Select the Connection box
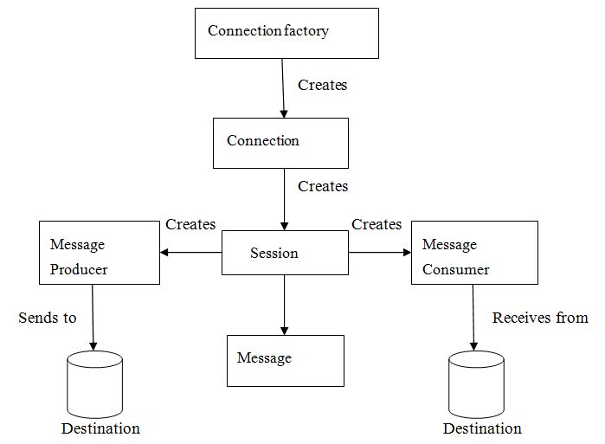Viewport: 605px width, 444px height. point(280,143)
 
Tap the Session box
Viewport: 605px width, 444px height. point(285,253)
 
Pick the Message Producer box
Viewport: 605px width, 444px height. point(100,253)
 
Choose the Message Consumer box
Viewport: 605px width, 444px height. point(473,253)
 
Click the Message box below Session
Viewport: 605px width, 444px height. point(286,360)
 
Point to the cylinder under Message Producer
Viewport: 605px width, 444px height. point(94,384)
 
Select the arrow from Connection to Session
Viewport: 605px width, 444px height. point(285,199)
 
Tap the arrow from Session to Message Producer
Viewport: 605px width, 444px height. point(191,253)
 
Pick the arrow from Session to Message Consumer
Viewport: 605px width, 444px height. point(379,253)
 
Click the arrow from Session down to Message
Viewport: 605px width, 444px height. point(285,305)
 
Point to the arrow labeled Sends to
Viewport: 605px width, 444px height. point(93,317)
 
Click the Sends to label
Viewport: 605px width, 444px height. point(48,318)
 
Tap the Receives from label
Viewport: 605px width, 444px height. point(540,318)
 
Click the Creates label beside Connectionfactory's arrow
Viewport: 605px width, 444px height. point(323,85)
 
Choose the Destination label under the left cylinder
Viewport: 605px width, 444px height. point(100,428)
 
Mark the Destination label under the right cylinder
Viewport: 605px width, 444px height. point(482,428)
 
